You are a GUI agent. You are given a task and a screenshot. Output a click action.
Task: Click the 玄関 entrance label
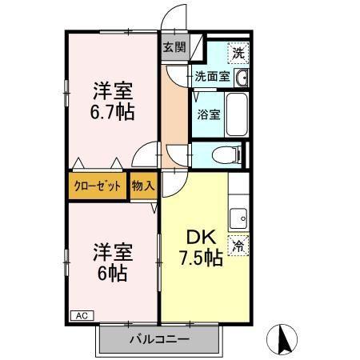(x=174, y=47)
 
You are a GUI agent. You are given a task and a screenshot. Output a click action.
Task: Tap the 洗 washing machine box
(x=238, y=54)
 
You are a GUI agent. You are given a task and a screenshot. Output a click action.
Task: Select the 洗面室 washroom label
(x=212, y=78)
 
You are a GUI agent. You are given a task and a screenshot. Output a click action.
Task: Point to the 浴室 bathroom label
(x=209, y=114)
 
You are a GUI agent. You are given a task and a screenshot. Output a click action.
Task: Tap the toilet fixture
(x=229, y=155)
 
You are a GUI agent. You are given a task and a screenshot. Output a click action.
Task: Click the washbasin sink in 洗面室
(x=242, y=78)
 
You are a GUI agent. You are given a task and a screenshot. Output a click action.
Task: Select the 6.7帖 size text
(x=112, y=110)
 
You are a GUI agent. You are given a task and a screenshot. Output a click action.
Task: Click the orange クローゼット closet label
(x=98, y=186)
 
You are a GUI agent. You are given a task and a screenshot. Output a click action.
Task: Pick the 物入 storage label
(x=144, y=186)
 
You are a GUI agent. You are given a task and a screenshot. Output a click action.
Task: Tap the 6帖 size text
(x=112, y=270)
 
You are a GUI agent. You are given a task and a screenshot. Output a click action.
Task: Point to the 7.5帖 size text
(x=199, y=258)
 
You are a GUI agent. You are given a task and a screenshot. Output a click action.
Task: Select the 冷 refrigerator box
(x=238, y=246)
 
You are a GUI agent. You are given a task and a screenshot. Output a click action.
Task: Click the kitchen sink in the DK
(x=238, y=217)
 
